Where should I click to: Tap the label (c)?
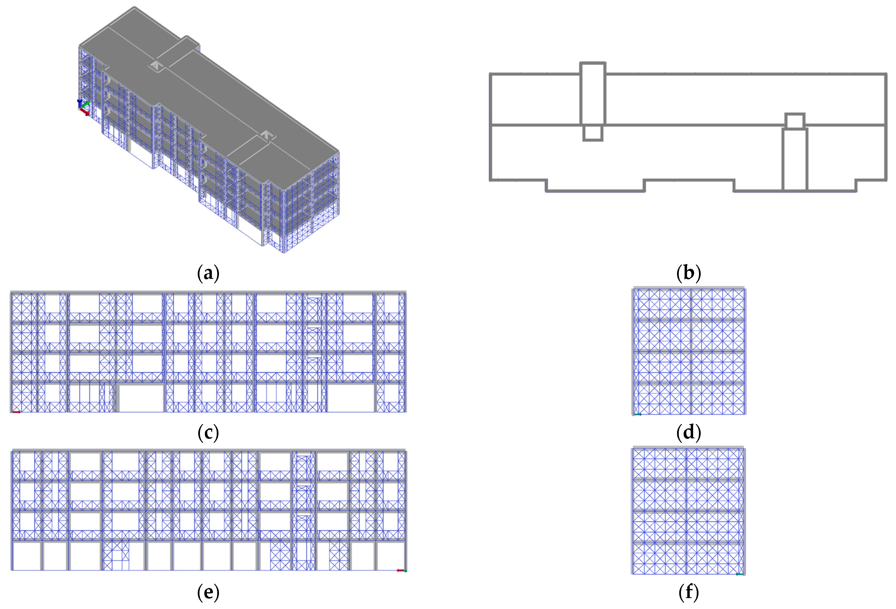[208, 432]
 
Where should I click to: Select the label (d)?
[689, 432]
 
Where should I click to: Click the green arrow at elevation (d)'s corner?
[638, 415]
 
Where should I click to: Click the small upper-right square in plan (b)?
[795, 121]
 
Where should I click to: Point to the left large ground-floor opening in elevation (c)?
[141, 398]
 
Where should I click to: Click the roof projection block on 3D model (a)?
[177, 52]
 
